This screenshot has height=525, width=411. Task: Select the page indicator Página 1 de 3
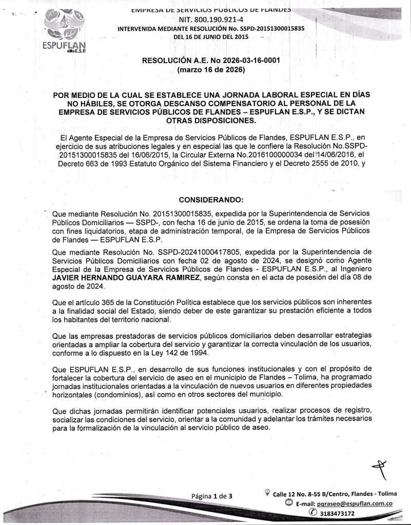[x=212, y=496]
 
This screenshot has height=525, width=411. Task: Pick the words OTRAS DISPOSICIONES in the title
[x=210, y=121]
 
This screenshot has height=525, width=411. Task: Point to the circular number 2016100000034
[x=256, y=155]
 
